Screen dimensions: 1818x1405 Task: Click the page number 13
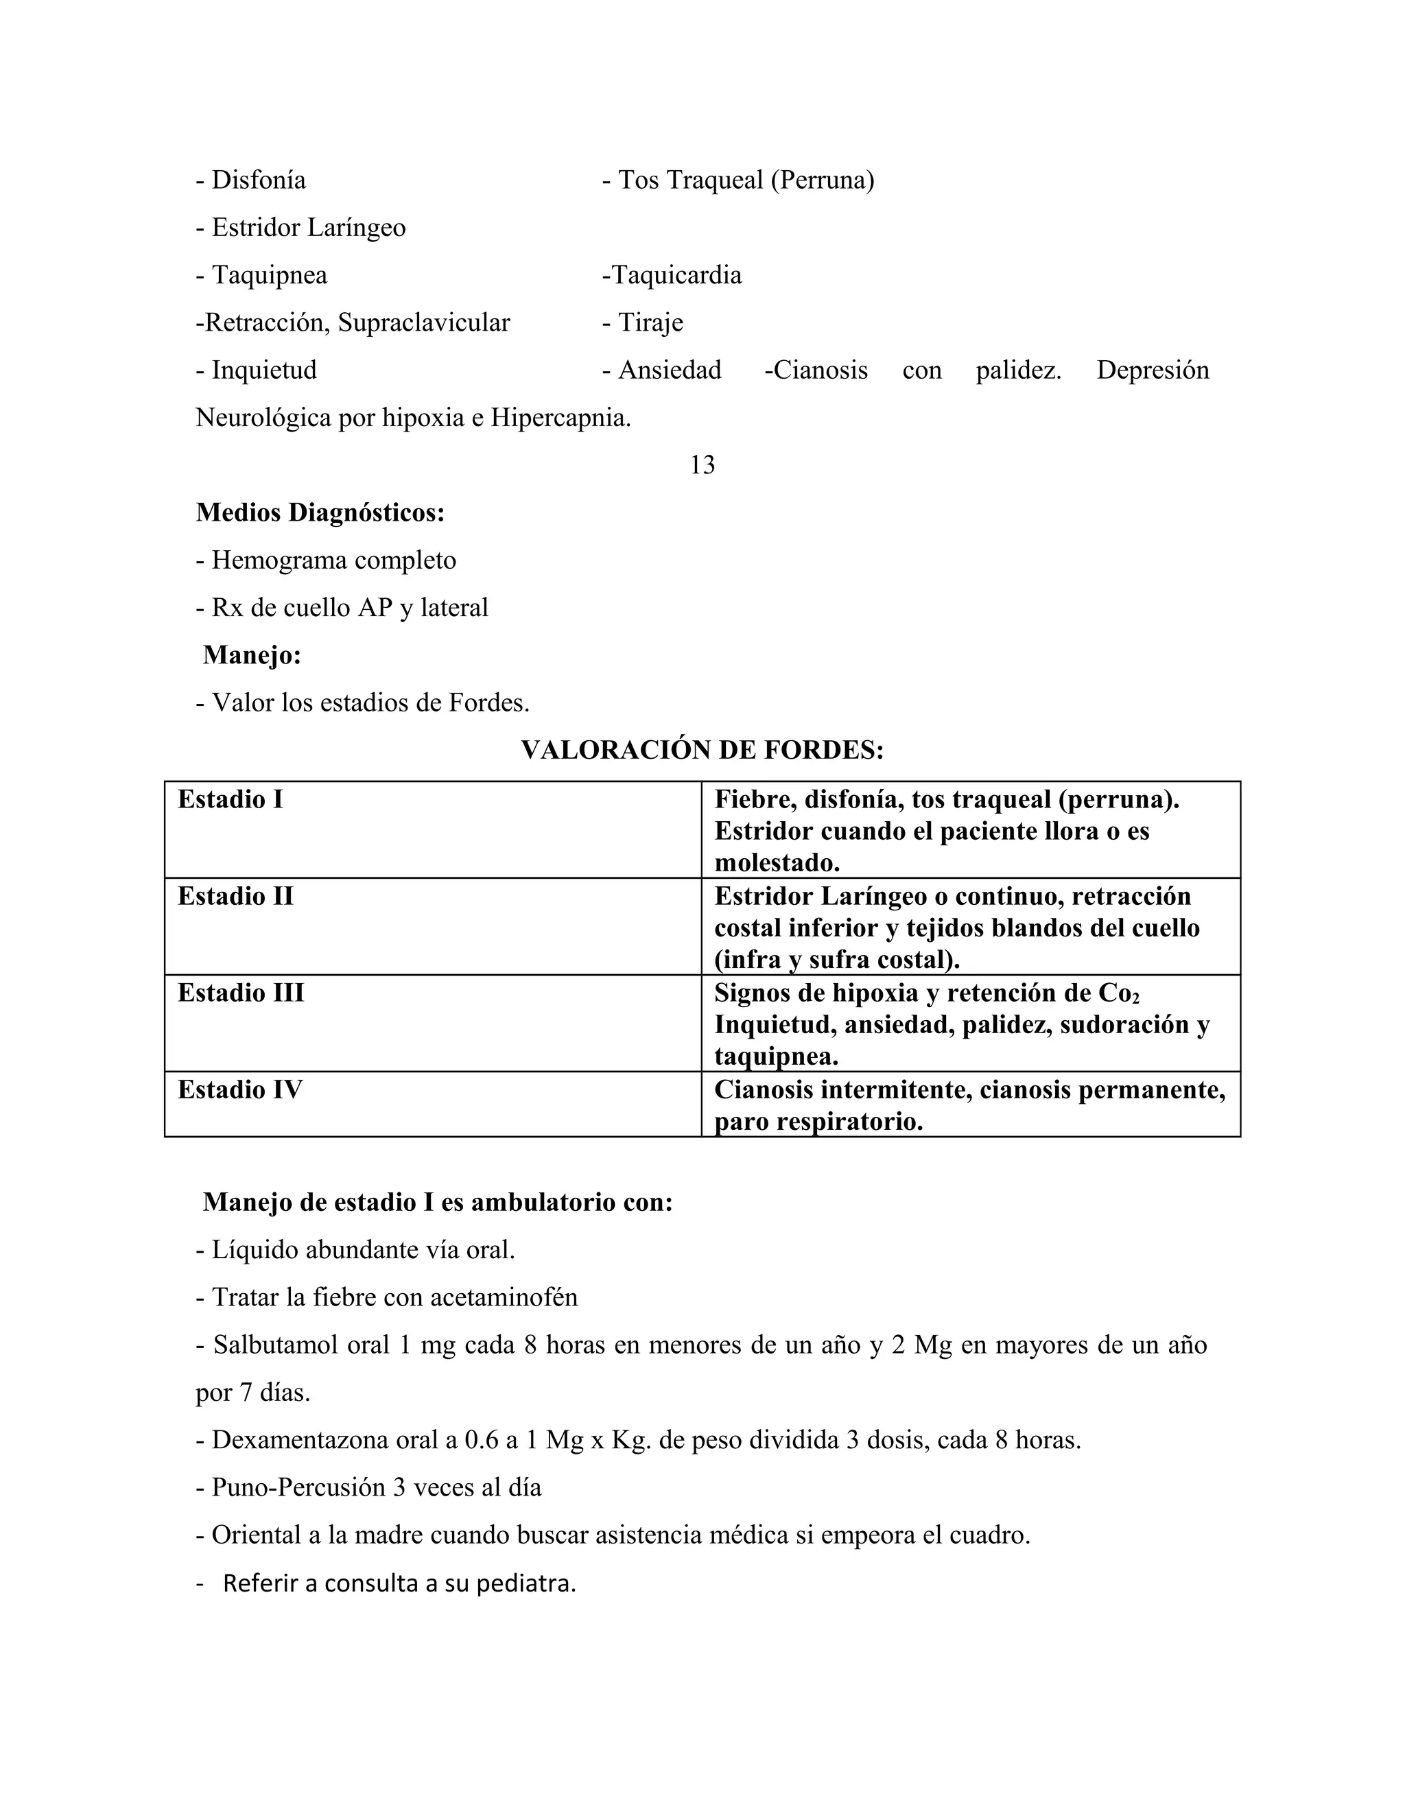coord(702,465)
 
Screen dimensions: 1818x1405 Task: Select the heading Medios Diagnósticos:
coord(320,512)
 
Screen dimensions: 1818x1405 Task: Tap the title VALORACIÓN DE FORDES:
coord(702,751)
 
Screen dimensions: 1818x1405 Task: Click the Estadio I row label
coord(231,800)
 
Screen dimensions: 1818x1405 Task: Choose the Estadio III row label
coord(241,993)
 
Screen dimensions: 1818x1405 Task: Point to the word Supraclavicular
coord(424,323)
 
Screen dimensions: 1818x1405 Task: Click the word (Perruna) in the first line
coord(823,180)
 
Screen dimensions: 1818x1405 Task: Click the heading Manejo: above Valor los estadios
coord(252,656)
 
